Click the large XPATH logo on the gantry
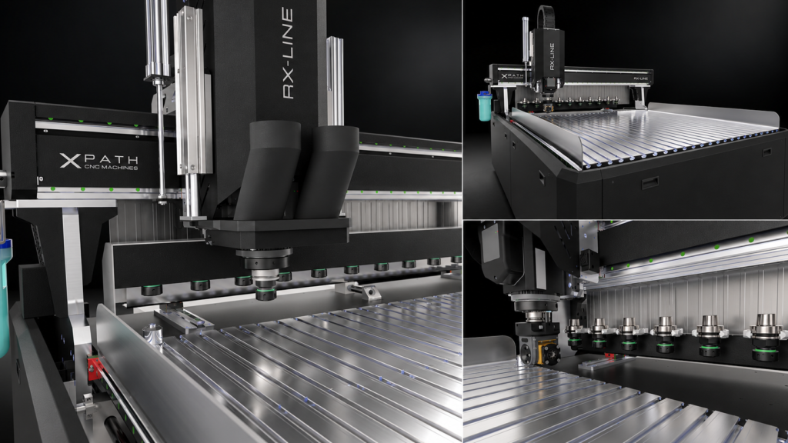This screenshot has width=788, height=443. click(x=99, y=161)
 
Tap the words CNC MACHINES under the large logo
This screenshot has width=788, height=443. click(x=111, y=167)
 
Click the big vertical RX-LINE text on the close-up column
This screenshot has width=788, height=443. click(x=288, y=53)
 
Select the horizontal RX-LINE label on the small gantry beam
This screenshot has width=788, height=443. click(x=640, y=78)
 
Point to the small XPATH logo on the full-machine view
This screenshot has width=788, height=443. click(x=512, y=76)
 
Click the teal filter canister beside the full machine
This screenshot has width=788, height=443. click(x=485, y=106)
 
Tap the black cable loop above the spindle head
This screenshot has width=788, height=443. click(x=546, y=18)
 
